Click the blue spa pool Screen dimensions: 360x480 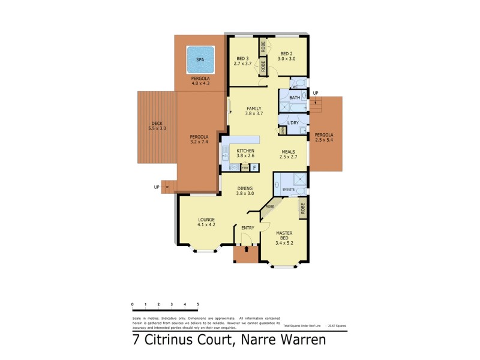200,60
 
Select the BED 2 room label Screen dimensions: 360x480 286,56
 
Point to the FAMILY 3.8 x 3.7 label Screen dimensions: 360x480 254,111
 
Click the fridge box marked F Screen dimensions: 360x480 254,167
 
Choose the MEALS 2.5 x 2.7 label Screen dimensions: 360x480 289,154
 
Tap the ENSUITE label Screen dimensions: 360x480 289,190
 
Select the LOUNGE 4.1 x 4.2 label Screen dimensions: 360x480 206,222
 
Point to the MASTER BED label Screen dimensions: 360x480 284,236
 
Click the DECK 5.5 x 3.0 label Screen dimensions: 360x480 157,126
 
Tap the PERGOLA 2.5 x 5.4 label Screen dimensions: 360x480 326,137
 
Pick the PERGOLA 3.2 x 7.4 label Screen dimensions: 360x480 199,139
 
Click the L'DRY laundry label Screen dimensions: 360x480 293,123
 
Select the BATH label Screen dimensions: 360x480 294,97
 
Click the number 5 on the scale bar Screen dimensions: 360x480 197,305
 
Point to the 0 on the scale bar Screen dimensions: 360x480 133,305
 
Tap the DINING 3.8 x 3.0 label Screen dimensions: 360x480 245,191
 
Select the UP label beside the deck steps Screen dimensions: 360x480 157,187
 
